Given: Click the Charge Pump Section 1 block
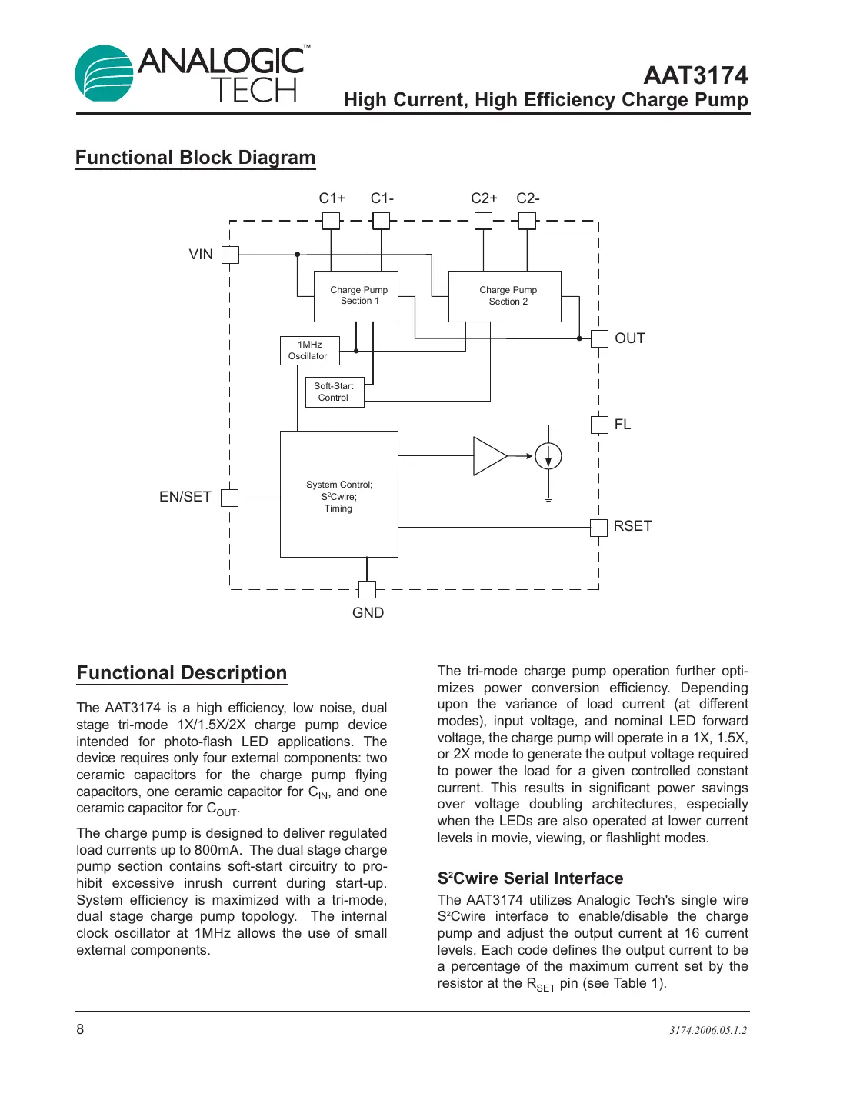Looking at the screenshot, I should [x=356, y=296].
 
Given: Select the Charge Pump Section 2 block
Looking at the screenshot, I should [x=505, y=296].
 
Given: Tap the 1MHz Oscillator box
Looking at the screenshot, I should [x=309, y=351].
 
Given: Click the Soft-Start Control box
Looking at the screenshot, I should [x=335, y=392].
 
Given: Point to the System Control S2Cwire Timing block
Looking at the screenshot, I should [x=338, y=495].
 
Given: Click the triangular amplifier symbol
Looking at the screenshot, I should [x=488, y=456].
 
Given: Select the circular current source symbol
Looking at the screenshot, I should [x=548, y=456].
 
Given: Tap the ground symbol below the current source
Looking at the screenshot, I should [x=548, y=500].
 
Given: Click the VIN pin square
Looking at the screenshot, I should [x=230, y=255].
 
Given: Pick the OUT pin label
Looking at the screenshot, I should [x=629, y=338].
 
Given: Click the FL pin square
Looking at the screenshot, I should [x=599, y=425].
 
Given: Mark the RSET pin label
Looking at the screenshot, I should [x=632, y=526].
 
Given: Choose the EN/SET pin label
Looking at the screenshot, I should [x=185, y=497].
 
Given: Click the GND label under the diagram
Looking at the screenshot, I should [x=368, y=613].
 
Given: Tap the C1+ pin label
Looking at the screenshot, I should [x=332, y=198].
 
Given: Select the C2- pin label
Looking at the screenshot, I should [x=528, y=198].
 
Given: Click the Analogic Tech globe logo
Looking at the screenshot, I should [x=105, y=74].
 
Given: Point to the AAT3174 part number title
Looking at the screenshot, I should [x=695, y=75].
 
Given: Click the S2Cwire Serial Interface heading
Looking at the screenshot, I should [x=530, y=878].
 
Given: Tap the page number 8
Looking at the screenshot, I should [x=80, y=1029].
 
